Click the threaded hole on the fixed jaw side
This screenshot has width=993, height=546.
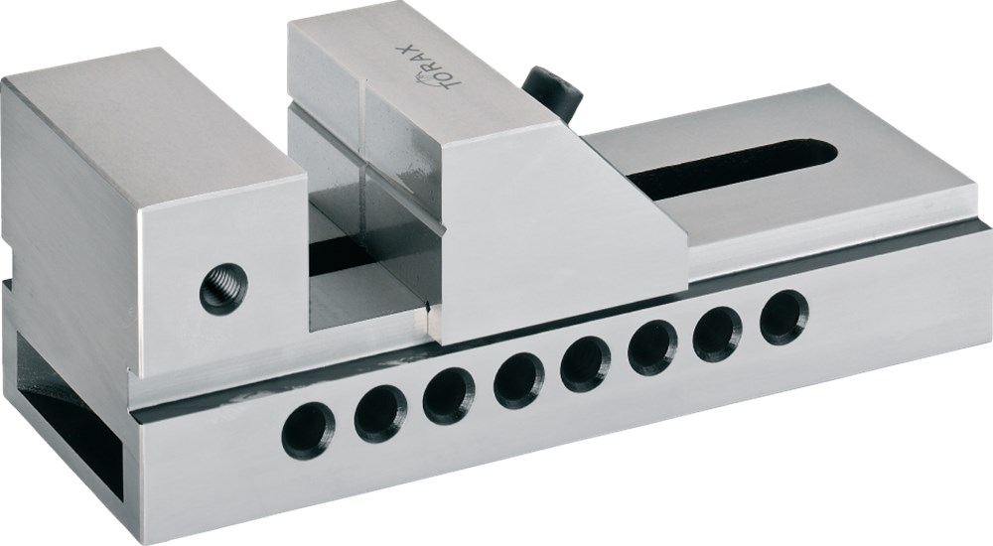(x=223, y=288)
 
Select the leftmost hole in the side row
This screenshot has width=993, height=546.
(x=309, y=430)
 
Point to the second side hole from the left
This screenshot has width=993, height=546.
(x=380, y=412)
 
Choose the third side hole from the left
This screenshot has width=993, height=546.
(x=449, y=396)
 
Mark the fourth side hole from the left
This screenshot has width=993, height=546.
(x=518, y=379)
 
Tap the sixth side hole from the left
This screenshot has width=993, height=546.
(x=653, y=347)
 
